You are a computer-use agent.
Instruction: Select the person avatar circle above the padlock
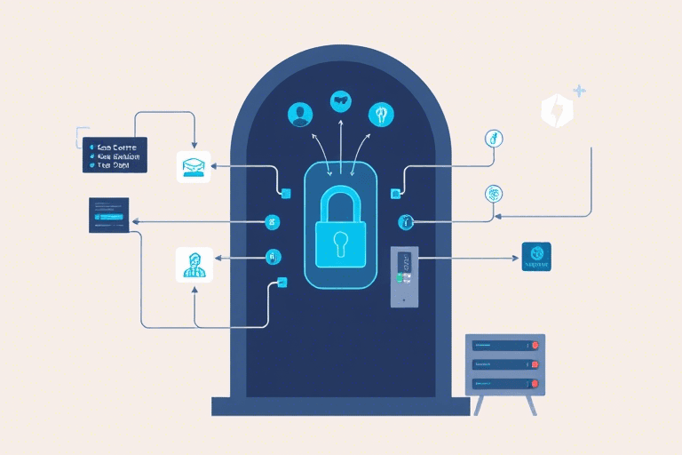(301, 114)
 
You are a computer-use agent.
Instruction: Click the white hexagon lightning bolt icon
(557, 110)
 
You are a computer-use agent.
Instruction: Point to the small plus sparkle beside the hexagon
(580, 91)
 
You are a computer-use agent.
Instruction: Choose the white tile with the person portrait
(194, 265)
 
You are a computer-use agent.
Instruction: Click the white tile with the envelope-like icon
(194, 165)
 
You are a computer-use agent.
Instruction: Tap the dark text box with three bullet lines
(115, 155)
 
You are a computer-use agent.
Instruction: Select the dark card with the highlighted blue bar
(109, 215)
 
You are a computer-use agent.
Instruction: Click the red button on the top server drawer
(534, 344)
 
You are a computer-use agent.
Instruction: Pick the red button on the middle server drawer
(534, 364)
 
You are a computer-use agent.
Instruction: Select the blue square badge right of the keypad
(535, 258)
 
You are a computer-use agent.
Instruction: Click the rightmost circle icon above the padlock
(380, 114)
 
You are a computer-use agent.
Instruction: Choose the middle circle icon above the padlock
(341, 100)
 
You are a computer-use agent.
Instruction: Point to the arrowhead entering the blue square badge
(515, 259)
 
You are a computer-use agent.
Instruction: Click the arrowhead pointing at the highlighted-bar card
(135, 221)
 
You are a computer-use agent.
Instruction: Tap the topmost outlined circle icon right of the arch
(494, 139)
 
